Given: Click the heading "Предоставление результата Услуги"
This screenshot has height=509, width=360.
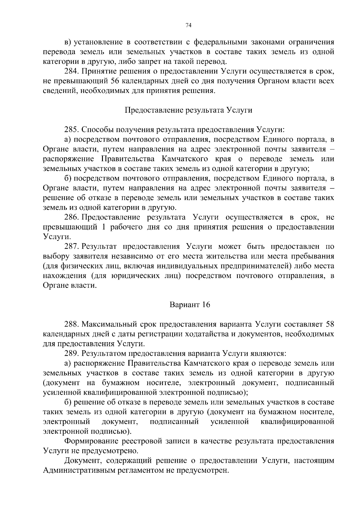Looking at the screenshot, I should click(188, 110).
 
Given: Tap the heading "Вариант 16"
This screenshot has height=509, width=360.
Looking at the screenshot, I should click(190, 305).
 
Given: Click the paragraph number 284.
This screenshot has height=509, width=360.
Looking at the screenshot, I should click(72, 71).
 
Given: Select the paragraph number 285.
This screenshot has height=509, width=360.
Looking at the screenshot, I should click(72, 130).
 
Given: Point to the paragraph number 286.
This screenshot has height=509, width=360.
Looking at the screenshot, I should click(72, 217).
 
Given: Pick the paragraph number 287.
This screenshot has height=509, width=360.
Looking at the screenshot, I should click(72, 247).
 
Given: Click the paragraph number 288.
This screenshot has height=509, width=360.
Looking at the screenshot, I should click(72, 325).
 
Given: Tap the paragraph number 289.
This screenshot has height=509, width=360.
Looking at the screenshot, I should click(72, 354).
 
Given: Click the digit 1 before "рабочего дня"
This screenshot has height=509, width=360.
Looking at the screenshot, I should click(104, 227).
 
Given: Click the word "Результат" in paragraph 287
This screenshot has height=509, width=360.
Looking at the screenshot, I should click(98, 247).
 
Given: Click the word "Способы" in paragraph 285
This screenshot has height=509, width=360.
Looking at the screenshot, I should click(96, 130).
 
